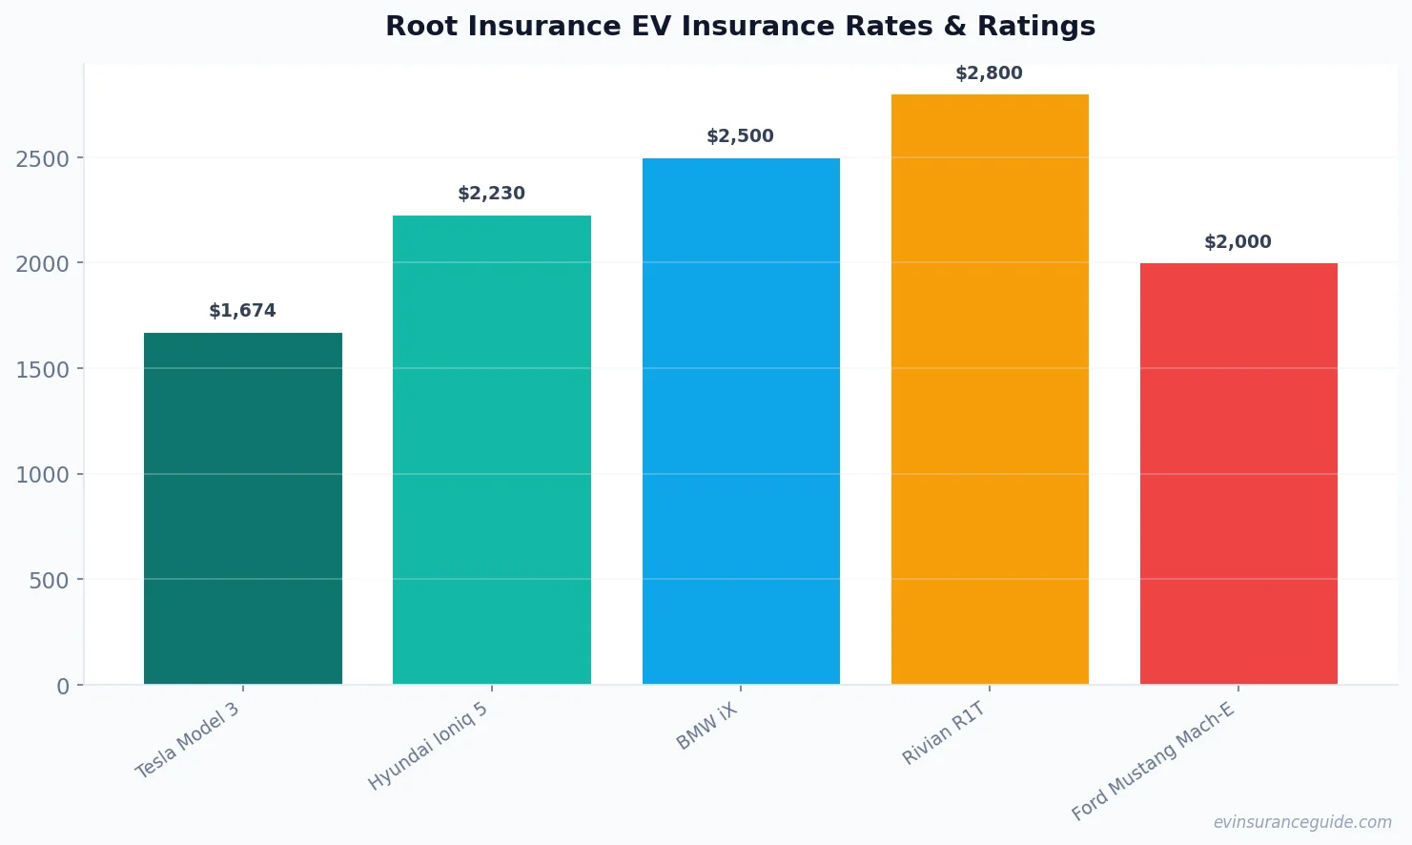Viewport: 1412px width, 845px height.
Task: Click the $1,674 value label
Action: (x=242, y=311)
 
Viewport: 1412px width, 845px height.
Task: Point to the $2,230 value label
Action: (x=491, y=194)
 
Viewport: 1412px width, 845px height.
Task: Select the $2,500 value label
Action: (x=740, y=136)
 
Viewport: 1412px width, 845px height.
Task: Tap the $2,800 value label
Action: (x=989, y=73)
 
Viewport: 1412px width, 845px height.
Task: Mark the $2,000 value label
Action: (x=1238, y=242)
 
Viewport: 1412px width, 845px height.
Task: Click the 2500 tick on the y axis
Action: (x=43, y=159)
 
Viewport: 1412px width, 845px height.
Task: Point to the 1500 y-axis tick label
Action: (x=43, y=370)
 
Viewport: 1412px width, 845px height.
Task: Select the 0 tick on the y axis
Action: (x=63, y=687)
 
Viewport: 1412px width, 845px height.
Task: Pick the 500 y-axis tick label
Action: (x=50, y=581)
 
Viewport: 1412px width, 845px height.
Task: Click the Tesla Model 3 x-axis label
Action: (x=188, y=740)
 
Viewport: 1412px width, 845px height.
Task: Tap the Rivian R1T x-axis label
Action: (x=944, y=733)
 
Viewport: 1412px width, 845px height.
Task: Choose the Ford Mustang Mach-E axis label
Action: (x=1153, y=761)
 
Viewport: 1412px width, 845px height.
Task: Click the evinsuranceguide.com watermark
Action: (x=1302, y=822)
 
